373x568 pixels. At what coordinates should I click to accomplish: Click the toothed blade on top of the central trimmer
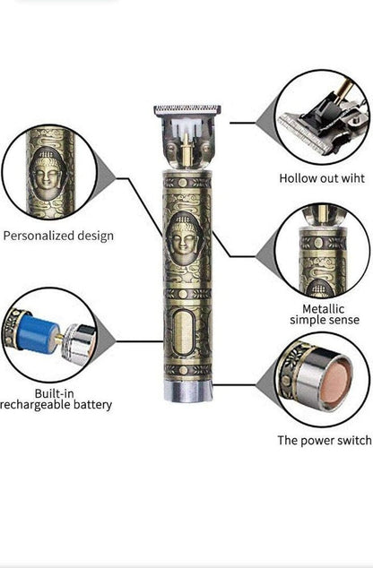point(186,112)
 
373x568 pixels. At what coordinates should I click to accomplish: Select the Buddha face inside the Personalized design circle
point(50,173)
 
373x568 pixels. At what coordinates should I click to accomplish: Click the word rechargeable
point(36,405)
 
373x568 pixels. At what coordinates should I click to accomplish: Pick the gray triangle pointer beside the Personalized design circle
point(106,176)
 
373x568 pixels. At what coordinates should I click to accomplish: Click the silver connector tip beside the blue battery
point(79,342)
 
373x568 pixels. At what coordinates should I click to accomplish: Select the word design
point(95,236)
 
